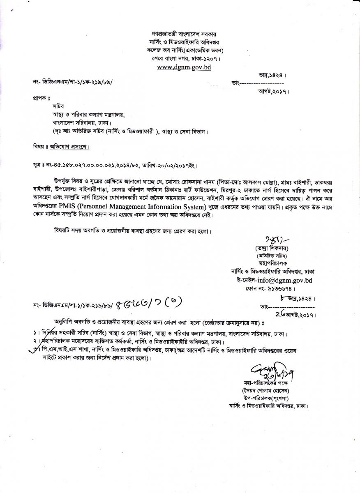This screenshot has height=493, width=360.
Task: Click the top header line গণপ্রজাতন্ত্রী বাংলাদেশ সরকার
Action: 180,32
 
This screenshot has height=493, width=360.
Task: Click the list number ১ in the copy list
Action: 35,332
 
